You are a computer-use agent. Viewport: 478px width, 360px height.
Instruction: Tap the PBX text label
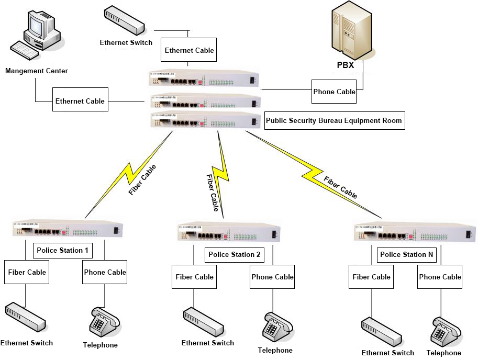point(345,65)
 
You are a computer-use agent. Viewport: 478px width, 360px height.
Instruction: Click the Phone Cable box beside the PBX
point(334,92)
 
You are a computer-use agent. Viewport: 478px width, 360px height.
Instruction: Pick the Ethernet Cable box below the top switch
point(189,51)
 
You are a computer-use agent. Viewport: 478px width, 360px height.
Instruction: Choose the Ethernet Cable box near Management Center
point(80,101)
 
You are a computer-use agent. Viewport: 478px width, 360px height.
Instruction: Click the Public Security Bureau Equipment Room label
point(334,120)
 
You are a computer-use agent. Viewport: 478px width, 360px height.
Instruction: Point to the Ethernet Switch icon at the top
point(124,20)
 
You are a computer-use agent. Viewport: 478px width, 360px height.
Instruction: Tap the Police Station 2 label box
point(234,255)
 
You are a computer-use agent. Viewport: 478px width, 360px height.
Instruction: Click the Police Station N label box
point(406,255)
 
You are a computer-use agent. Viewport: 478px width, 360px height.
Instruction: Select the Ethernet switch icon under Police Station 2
point(205,322)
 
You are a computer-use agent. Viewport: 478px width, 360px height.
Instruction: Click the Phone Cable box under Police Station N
point(440,277)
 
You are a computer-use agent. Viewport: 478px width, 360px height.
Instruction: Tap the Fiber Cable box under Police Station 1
point(27,272)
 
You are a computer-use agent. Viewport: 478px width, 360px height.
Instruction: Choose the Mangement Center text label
point(37,71)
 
